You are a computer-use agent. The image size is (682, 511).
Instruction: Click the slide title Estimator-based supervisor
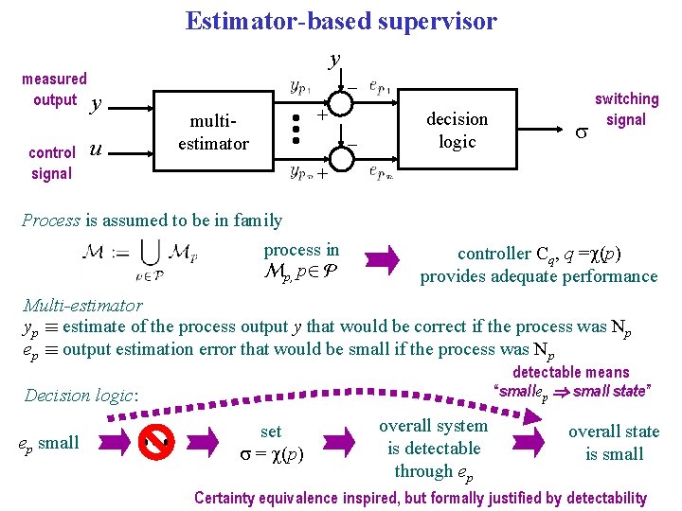[x=341, y=21]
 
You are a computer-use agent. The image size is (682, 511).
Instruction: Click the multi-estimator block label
[x=220, y=132]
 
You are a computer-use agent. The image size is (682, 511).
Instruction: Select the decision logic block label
[x=457, y=131]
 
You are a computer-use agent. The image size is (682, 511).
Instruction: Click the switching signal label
[x=626, y=109]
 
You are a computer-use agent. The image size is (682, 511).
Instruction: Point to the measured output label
[x=54, y=90]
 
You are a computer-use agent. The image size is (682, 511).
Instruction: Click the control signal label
[x=51, y=163]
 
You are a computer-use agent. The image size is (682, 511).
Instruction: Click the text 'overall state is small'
[x=614, y=443]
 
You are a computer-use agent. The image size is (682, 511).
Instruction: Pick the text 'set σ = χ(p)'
[x=271, y=442]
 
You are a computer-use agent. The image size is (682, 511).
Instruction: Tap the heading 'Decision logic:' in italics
[x=81, y=396]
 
